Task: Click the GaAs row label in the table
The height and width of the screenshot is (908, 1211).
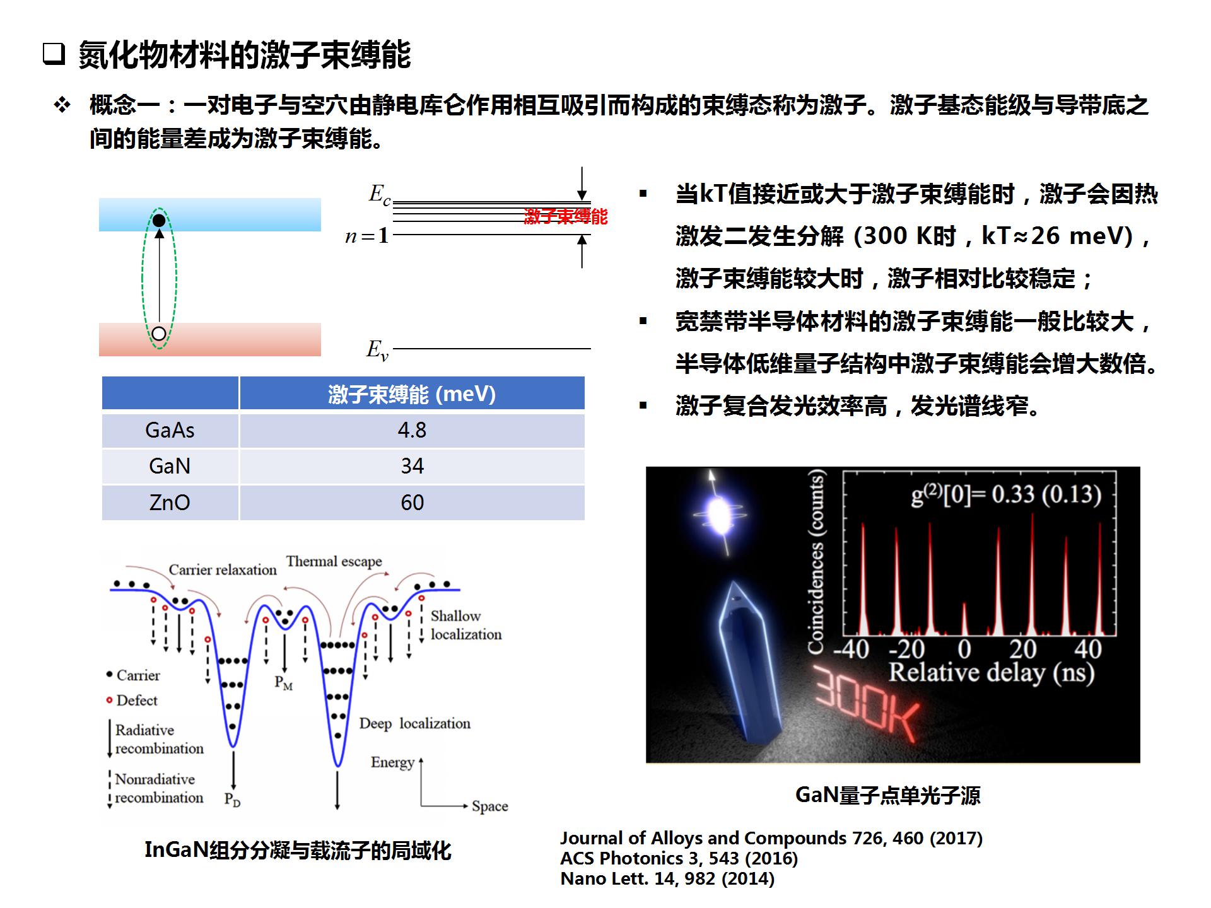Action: click(170, 430)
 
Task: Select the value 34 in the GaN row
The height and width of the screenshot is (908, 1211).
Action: click(412, 466)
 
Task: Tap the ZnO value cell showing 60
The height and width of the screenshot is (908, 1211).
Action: click(412, 503)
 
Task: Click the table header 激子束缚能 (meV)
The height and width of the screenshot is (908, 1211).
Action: click(412, 394)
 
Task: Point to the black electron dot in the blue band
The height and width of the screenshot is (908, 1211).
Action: click(159, 220)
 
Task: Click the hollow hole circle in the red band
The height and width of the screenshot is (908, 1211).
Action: click(159, 334)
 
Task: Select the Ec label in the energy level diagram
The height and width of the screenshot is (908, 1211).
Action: click(379, 194)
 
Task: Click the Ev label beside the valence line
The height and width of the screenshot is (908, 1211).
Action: click(377, 349)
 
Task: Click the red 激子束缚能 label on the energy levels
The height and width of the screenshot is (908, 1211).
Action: click(566, 216)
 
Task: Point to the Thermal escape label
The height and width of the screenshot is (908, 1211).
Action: click(334, 561)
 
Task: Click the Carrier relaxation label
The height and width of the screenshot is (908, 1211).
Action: click(223, 570)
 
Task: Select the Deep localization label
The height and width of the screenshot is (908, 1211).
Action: click(415, 723)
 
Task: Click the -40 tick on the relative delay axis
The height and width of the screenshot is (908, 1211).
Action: click(851, 649)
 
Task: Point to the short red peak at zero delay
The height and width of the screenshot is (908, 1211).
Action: click(964, 619)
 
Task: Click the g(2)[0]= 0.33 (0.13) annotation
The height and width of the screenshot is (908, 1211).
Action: click(1006, 495)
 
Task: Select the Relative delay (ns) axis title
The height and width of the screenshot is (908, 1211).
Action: click(991, 673)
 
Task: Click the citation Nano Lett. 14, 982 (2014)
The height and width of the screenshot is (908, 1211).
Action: click(667, 878)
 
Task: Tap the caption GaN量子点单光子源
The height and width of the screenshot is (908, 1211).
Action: click(888, 795)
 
